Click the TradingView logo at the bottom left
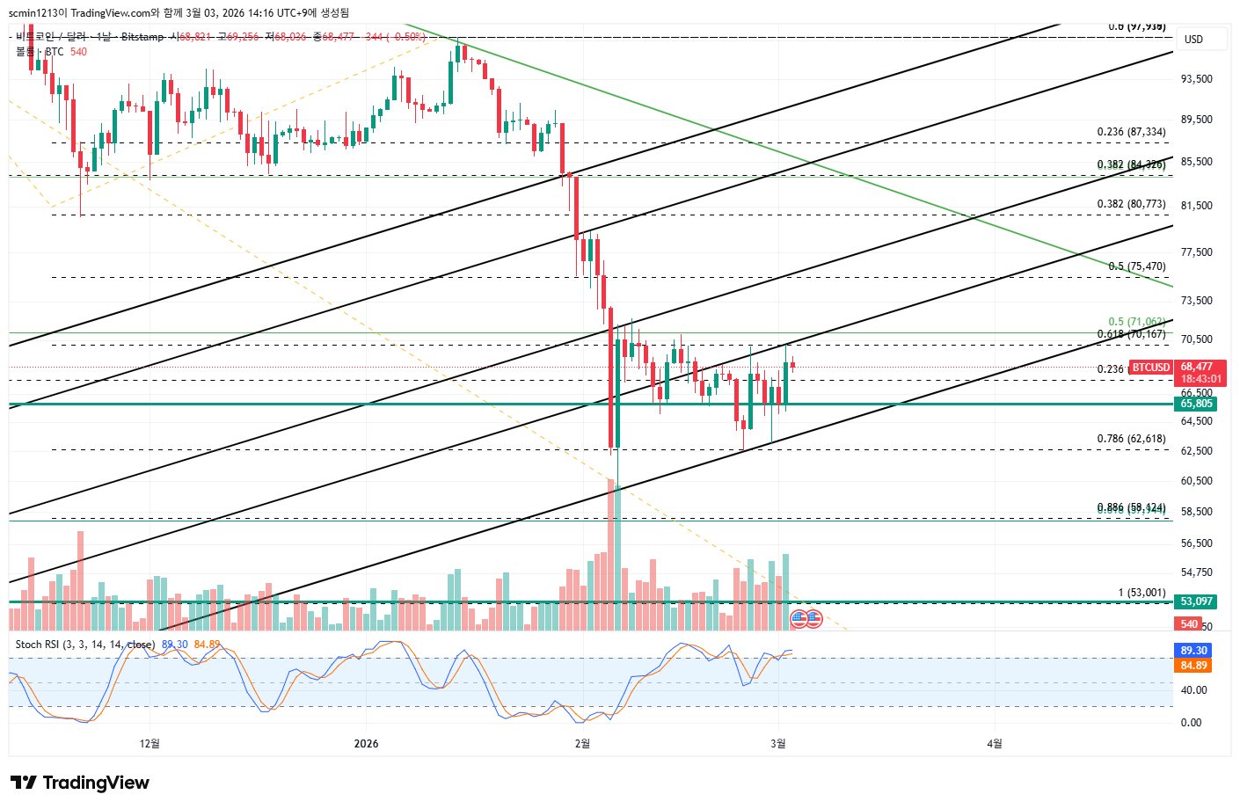pos(80,783)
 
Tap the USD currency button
pos(1193,39)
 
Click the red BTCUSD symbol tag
pos(1150,367)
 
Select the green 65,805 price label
pos(1196,404)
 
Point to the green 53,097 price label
pos(1196,601)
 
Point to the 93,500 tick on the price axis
pos(1196,79)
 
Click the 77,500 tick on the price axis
pos(1196,252)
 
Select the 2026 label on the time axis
pos(366,744)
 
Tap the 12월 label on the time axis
pos(150,744)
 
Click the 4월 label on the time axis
pos(994,744)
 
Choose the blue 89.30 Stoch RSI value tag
pos(1193,651)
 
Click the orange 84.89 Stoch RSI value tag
pos(1193,666)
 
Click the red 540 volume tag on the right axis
pos(1189,623)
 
